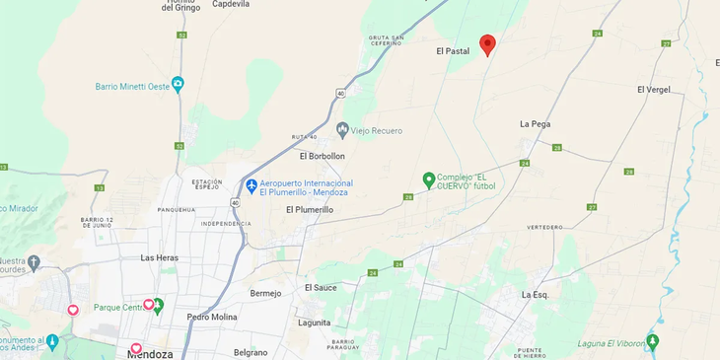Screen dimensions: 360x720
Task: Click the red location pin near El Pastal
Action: click(x=487, y=44)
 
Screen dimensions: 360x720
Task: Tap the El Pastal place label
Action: click(x=453, y=50)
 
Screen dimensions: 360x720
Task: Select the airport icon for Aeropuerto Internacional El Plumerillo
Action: click(x=252, y=185)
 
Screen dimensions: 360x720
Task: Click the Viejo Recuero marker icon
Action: click(x=342, y=129)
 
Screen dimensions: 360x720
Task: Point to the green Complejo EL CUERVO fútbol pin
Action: click(x=428, y=180)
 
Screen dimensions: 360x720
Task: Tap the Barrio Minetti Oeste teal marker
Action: click(x=178, y=85)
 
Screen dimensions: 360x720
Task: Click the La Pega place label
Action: click(x=535, y=124)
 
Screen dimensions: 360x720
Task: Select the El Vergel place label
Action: click(x=653, y=90)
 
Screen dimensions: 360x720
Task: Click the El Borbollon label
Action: click(x=323, y=156)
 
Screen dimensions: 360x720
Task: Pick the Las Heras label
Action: click(x=159, y=257)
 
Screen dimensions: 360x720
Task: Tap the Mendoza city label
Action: click(x=150, y=354)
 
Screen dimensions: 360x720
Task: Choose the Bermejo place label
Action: click(x=265, y=293)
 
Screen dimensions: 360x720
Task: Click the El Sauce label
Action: click(x=321, y=287)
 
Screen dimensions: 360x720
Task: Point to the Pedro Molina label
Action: click(x=212, y=317)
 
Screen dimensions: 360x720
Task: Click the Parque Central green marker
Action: click(x=157, y=306)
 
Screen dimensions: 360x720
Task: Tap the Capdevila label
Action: click(x=230, y=5)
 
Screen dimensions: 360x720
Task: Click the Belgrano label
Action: click(x=251, y=352)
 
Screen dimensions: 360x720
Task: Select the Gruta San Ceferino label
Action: click(x=386, y=40)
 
